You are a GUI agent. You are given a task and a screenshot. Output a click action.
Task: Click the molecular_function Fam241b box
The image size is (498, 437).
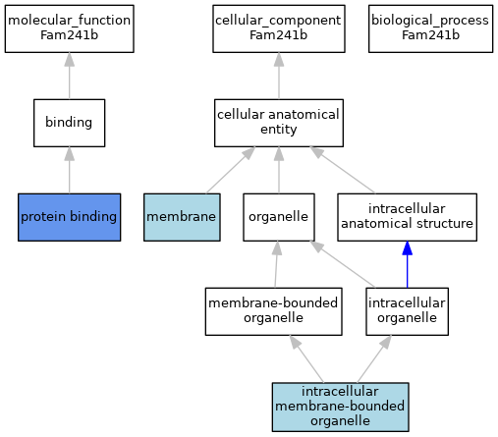70,28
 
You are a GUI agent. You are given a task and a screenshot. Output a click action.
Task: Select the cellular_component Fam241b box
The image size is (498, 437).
279,28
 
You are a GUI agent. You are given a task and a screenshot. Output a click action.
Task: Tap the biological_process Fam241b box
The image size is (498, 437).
430,28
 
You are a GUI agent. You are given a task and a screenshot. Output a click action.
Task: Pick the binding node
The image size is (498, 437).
70,123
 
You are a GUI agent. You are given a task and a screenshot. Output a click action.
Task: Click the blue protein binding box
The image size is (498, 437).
70,217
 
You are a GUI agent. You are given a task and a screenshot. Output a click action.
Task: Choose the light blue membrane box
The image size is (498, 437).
182,217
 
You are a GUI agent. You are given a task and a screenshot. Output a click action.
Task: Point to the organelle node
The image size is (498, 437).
279,217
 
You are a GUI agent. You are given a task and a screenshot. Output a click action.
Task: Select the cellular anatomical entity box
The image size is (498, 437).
279,123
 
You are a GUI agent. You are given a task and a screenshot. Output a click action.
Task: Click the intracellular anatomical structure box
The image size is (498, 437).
407,217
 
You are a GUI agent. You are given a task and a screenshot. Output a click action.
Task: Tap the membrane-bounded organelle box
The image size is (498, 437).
274,311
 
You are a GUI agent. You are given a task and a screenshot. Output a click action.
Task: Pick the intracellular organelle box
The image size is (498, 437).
407,311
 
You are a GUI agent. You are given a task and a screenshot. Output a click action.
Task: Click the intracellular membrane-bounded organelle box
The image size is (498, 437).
340,407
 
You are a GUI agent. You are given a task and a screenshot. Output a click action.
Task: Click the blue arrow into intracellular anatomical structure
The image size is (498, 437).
407,264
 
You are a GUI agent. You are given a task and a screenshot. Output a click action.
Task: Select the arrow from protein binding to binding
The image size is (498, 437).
70,170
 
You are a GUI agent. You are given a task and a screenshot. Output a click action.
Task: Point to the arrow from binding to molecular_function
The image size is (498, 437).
70,76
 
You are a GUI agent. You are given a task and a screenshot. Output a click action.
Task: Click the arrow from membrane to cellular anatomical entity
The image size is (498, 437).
231,170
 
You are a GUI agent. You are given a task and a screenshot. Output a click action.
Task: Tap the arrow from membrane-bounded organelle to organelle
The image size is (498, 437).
276,264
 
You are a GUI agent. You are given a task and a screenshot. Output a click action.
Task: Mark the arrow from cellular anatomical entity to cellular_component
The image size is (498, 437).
279,76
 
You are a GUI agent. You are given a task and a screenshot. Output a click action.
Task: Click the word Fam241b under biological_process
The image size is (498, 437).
430,35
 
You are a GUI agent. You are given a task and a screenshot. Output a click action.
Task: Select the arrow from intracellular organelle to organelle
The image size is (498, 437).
343,264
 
